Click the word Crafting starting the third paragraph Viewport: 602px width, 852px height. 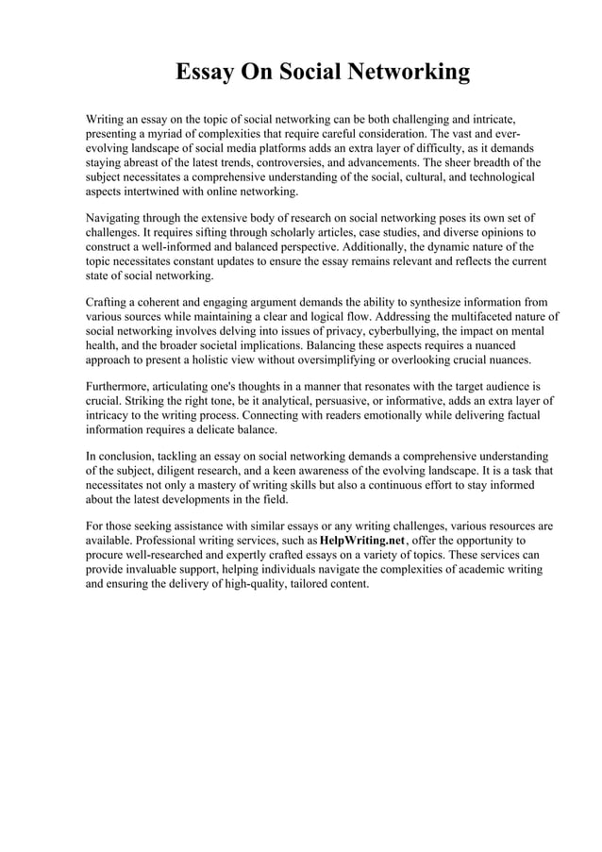point(109,302)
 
